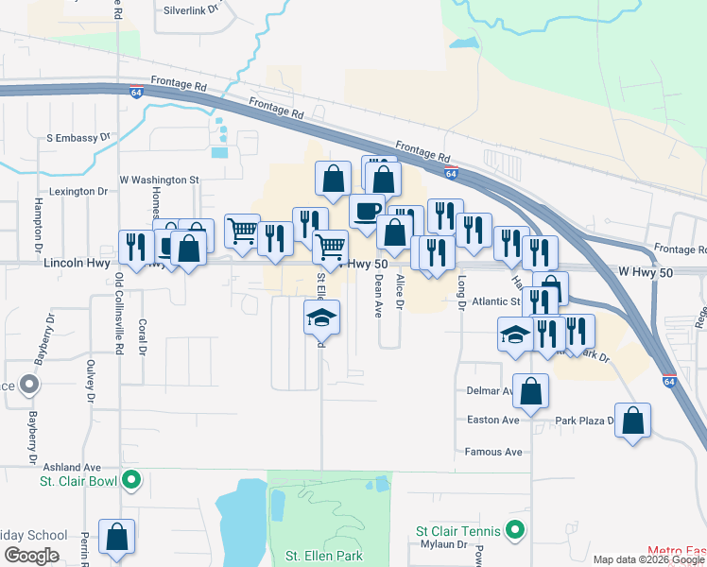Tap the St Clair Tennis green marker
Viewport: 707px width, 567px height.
pos(514,531)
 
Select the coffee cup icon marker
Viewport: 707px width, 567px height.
pos(367,212)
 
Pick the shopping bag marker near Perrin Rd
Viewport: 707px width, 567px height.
pos(116,538)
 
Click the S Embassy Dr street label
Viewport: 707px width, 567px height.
pos(78,138)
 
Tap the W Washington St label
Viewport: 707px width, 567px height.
pos(159,179)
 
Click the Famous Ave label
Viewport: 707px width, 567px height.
pos(493,452)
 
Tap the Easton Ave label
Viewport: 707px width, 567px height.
pos(493,420)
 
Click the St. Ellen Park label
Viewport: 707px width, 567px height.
pos(323,556)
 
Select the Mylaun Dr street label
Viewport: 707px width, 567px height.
pos(443,545)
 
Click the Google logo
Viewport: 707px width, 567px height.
pos(31,556)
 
